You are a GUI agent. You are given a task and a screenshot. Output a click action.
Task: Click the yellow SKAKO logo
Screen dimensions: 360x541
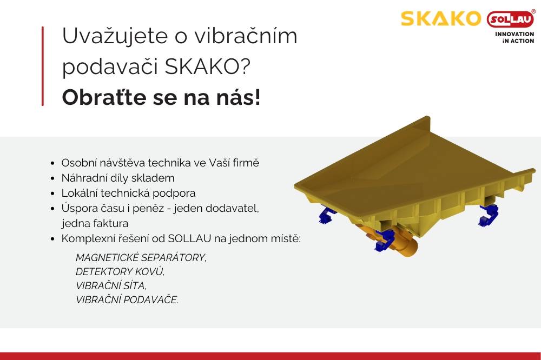click(440, 19)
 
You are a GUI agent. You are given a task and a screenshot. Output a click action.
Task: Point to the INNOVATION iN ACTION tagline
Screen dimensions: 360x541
click(514, 37)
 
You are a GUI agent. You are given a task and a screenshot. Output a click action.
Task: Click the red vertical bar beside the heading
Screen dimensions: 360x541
click(43, 66)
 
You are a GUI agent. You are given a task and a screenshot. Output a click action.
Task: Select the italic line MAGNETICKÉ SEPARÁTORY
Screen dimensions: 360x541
click(141, 257)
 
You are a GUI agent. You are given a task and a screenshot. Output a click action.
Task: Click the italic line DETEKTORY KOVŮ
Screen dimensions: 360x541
click(120, 271)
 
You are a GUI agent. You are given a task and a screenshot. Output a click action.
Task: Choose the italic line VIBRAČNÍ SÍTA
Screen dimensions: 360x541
click(111, 286)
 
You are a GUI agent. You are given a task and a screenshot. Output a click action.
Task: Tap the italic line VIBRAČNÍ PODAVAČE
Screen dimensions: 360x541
click(127, 300)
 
